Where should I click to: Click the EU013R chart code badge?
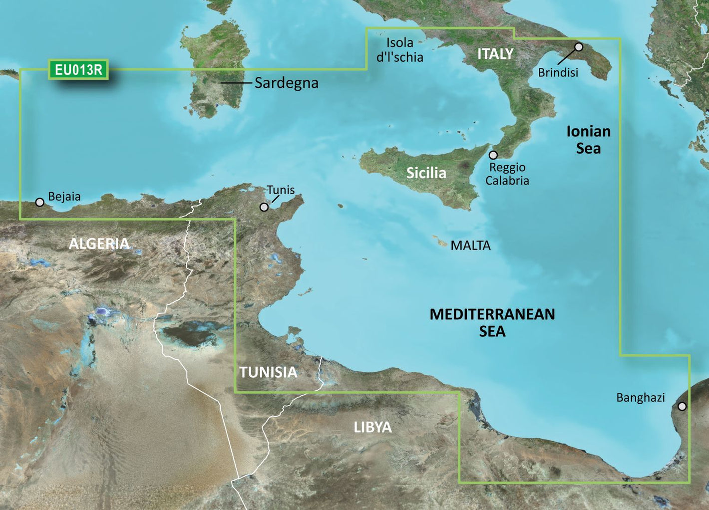[x=78, y=70]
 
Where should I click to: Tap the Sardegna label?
[x=286, y=83]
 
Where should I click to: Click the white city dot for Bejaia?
[x=39, y=202]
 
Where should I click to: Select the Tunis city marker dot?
[x=264, y=207]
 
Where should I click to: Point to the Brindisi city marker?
[x=579, y=47]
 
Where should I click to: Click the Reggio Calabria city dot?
[x=493, y=155]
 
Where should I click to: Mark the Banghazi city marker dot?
[x=682, y=406]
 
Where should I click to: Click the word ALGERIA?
[x=99, y=244]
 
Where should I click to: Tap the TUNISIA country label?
[x=268, y=372]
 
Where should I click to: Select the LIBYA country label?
[x=372, y=427]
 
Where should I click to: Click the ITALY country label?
[x=495, y=54]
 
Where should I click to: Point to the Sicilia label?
[x=426, y=173]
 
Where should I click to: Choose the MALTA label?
[x=470, y=246]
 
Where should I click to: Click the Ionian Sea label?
[x=588, y=140]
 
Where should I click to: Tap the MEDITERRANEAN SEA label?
[x=492, y=322]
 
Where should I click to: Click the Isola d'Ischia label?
[x=399, y=50]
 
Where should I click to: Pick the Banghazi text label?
[x=641, y=398]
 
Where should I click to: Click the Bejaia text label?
[x=64, y=197]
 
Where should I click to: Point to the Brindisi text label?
[x=558, y=73]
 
